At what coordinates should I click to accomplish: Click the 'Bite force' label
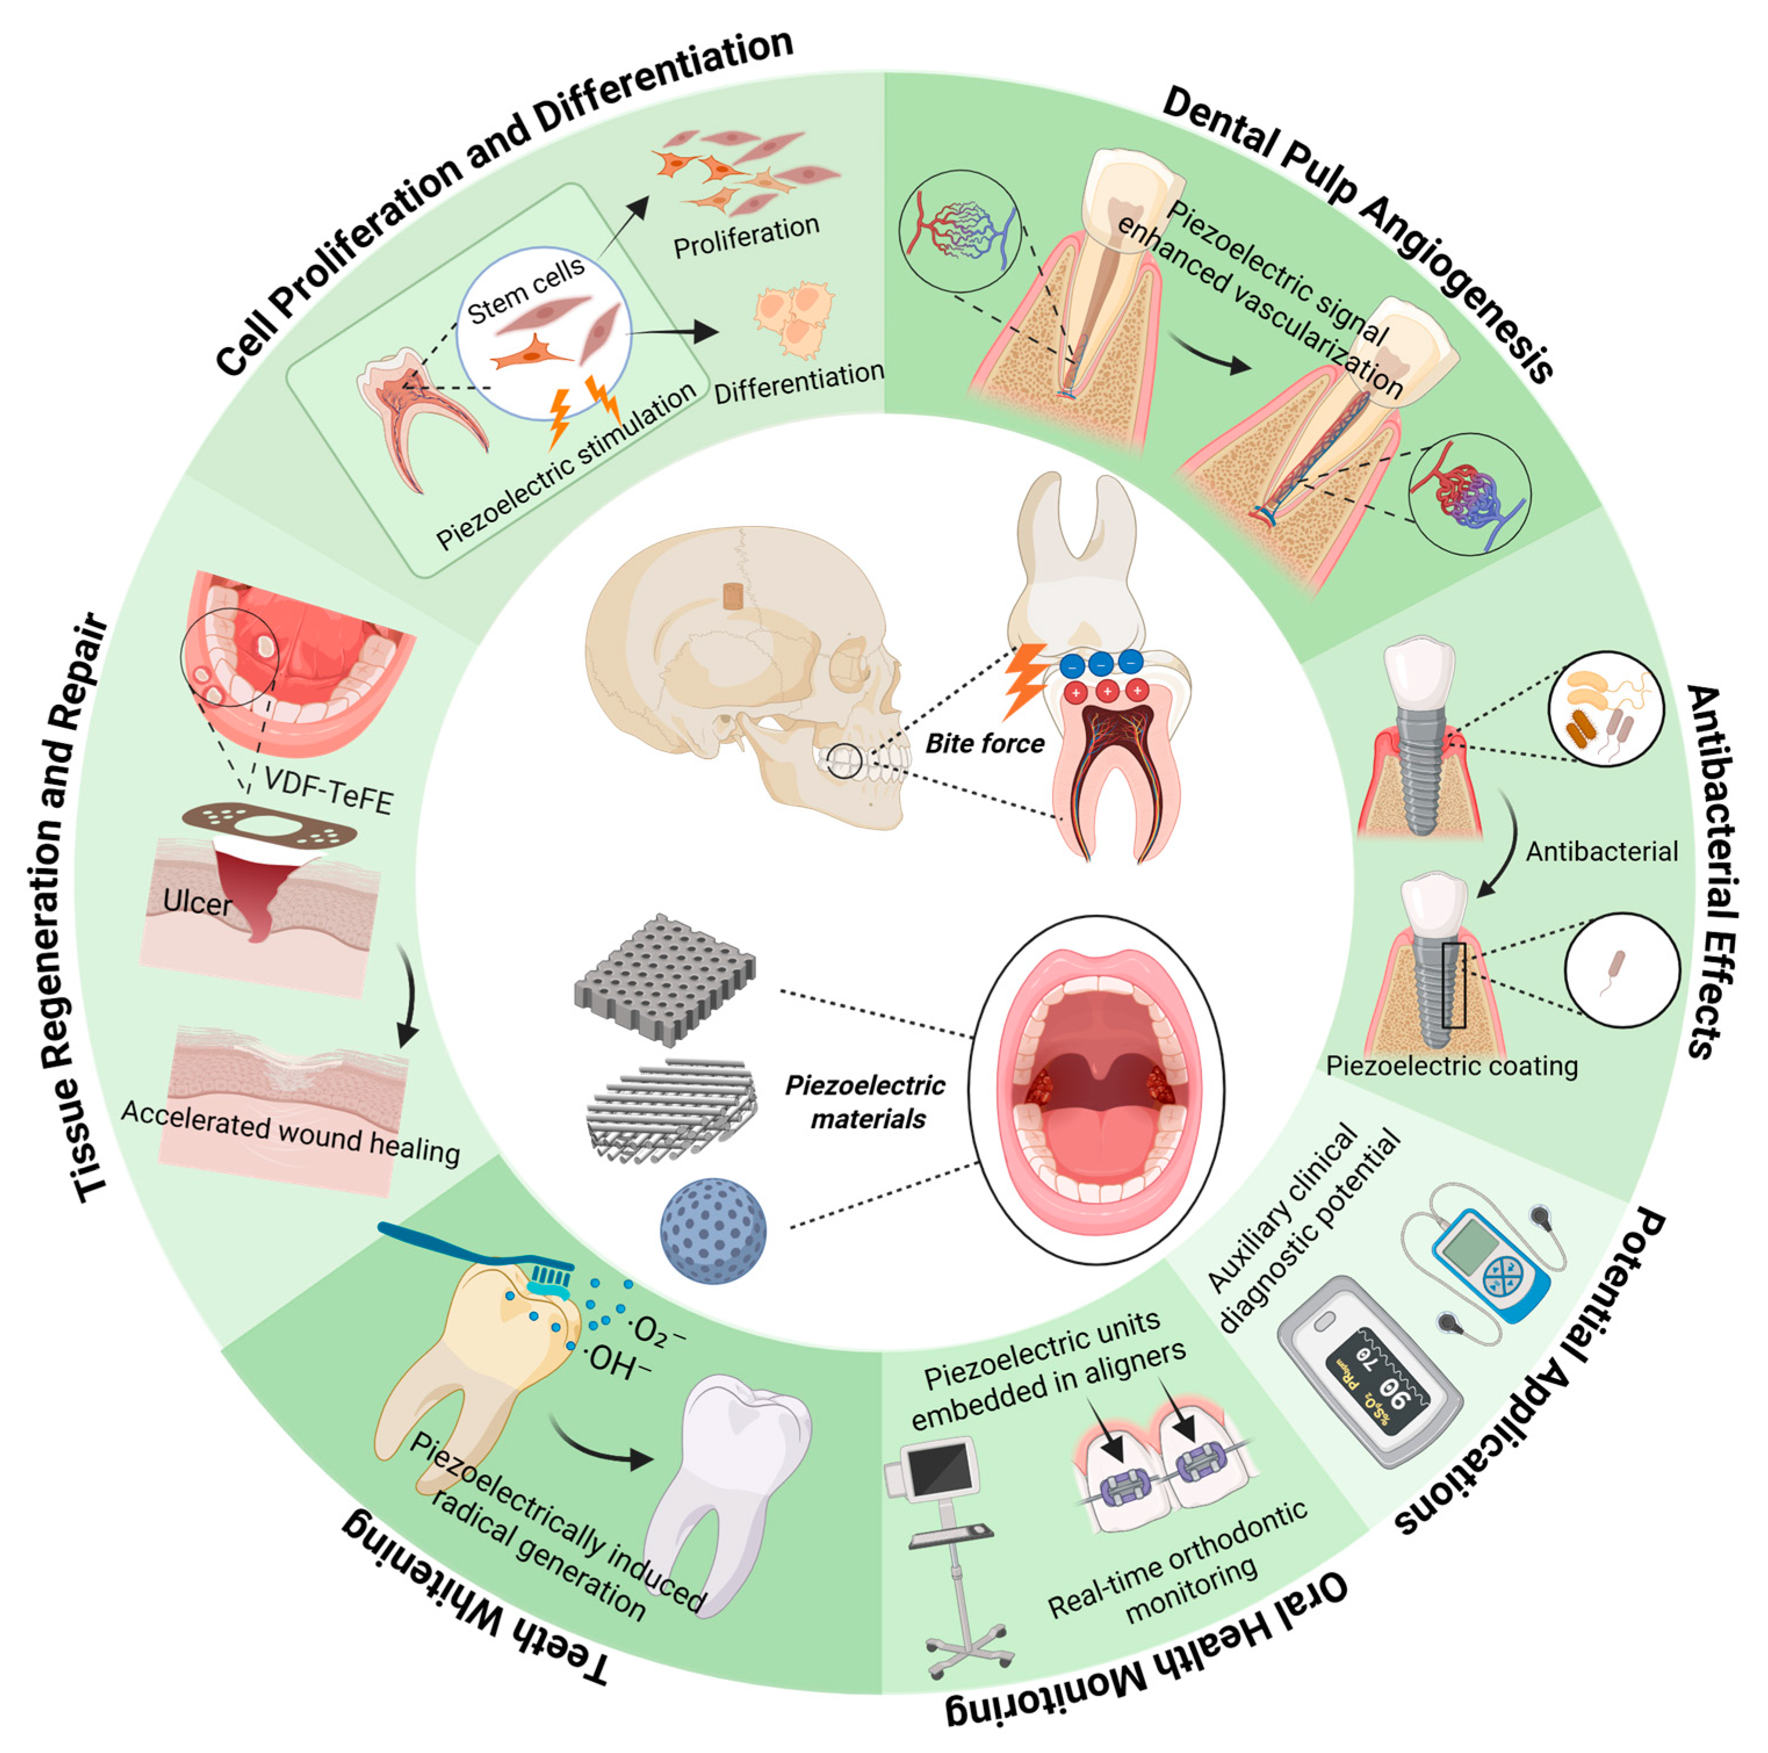click(x=984, y=743)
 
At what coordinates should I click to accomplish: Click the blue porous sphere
click(x=713, y=1231)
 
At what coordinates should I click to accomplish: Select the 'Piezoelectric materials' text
click(x=865, y=1102)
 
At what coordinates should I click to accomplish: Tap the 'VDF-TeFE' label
click(x=327, y=791)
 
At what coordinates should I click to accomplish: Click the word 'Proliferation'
click(x=746, y=237)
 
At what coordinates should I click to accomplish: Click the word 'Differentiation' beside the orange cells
click(x=798, y=383)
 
